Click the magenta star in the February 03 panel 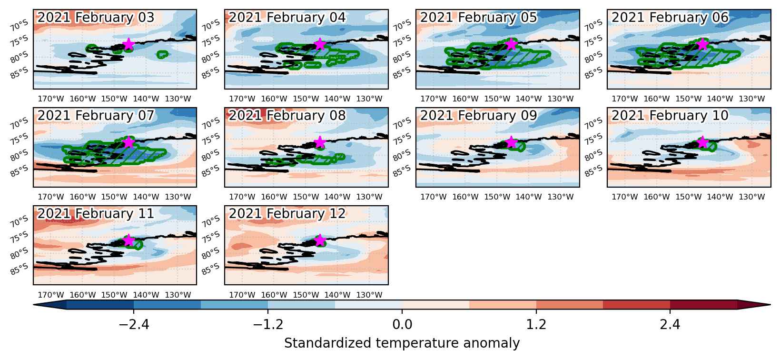point(128,44)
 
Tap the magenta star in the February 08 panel point(320,142)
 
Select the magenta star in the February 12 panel point(320,240)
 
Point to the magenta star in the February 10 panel point(702,142)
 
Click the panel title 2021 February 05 point(478,18)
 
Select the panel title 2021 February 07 point(96,115)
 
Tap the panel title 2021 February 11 point(96,214)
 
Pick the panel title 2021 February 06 point(670,18)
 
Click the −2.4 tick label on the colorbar point(134,324)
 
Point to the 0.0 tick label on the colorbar point(402,324)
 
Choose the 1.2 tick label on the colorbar point(536,324)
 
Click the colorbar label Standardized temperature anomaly point(402,343)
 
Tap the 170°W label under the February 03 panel point(51,99)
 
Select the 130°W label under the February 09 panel point(560,197)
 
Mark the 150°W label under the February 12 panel point(306,295)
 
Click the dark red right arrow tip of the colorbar point(770,305)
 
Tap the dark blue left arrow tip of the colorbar point(34,305)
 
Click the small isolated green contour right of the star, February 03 point(163,54)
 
